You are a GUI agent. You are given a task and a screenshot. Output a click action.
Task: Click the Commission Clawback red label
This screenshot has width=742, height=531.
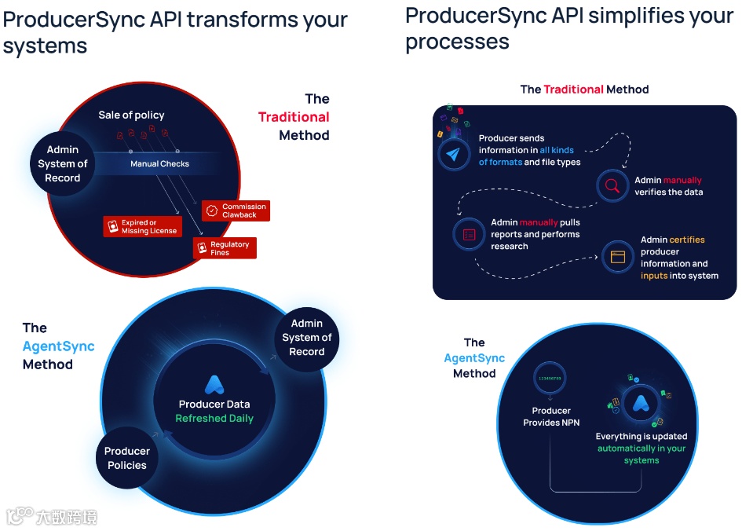point(236,211)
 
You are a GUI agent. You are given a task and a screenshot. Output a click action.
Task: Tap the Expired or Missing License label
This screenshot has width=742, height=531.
point(143,227)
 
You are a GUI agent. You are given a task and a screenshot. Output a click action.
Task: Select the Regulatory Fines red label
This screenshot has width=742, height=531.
point(224,248)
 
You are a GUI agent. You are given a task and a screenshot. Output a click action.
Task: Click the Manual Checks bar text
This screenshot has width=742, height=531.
point(159,163)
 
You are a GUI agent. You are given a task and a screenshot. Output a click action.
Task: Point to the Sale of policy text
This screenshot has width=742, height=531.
point(131,115)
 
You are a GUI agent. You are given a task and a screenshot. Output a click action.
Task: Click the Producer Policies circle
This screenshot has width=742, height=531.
point(126,458)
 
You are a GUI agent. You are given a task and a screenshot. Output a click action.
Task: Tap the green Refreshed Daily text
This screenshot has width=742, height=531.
point(214,419)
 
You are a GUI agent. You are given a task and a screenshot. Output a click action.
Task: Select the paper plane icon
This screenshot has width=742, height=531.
point(454,154)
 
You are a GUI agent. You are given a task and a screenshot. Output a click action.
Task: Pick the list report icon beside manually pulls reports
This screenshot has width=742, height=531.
point(469,233)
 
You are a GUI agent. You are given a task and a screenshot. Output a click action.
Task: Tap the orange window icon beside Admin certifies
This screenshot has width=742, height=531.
point(617,256)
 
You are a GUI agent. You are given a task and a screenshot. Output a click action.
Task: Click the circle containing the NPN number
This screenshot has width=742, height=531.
point(550,379)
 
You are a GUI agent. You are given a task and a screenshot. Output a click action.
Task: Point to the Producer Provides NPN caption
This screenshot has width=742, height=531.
point(551,416)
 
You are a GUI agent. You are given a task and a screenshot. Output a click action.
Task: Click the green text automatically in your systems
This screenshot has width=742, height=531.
point(641,454)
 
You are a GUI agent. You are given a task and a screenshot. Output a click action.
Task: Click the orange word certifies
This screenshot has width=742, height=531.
point(687,240)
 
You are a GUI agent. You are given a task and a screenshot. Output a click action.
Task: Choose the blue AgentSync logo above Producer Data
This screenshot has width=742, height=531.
point(214,384)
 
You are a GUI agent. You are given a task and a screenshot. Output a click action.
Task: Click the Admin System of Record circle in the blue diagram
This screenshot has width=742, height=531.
point(306,337)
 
